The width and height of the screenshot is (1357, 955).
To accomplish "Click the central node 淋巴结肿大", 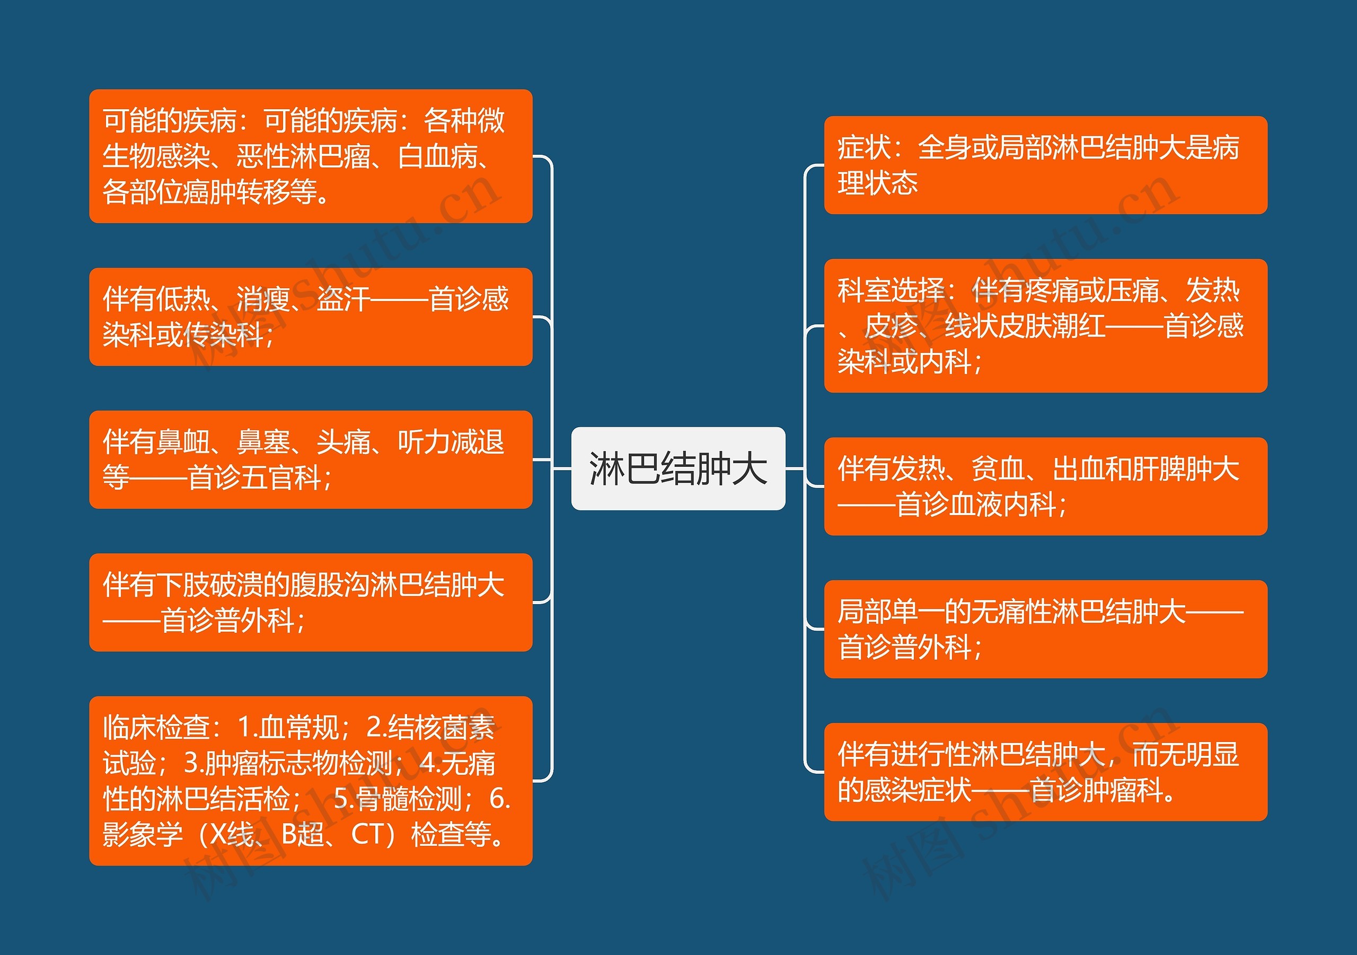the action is [x=678, y=468].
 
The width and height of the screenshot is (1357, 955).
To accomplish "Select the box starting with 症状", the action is [x=1045, y=165].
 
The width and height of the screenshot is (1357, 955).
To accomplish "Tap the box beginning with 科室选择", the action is [x=1045, y=325].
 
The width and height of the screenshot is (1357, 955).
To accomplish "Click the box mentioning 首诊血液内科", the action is [x=1045, y=487].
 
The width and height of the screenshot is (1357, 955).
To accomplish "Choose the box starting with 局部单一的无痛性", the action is [x=1045, y=629].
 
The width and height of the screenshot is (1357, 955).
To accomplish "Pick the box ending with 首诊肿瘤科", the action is [x=1045, y=772].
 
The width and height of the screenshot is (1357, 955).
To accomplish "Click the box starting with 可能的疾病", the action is [x=310, y=156].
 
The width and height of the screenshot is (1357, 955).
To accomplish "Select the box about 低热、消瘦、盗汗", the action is [x=310, y=317].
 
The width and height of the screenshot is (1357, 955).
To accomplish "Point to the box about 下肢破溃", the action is [x=310, y=602].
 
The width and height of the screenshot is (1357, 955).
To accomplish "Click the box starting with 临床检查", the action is [x=310, y=781].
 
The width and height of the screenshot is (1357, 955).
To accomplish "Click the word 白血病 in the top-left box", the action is [x=437, y=157].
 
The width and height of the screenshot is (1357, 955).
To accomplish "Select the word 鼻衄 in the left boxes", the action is [x=183, y=442].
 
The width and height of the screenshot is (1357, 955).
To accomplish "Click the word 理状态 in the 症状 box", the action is [x=877, y=183].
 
